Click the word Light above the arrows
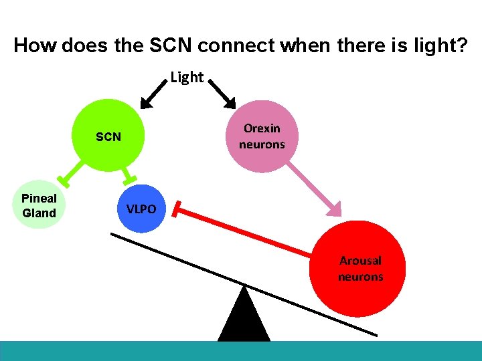[x=187, y=78]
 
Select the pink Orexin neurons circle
[x=262, y=136]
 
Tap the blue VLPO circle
[x=141, y=209]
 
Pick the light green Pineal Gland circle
[x=39, y=206]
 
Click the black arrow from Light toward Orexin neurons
[x=222, y=92]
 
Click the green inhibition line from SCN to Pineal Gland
[x=73, y=170]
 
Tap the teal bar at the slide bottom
[x=241, y=351]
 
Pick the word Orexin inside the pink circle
[x=262, y=128]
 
